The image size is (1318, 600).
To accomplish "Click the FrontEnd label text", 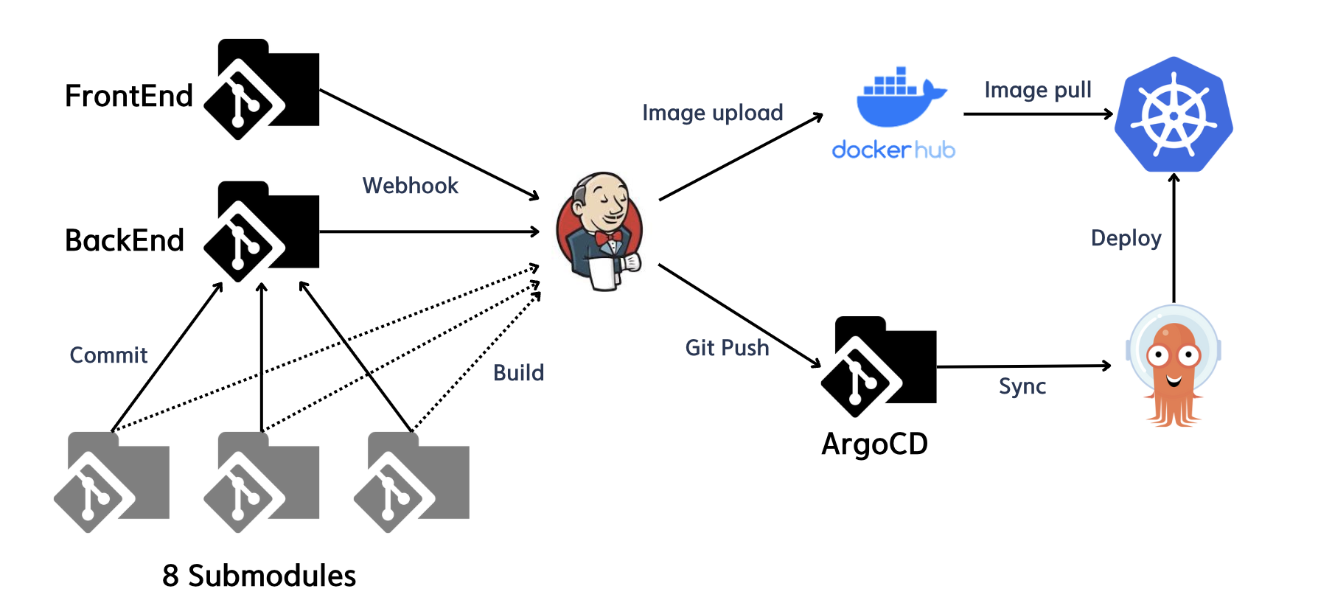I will tap(129, 96).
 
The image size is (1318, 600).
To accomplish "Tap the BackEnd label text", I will tap(125, 240).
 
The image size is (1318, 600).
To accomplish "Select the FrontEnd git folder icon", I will tap(262, 89).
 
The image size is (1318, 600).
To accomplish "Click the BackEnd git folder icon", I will tap(262, 231).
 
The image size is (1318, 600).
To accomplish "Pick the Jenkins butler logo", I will tap(600, 231).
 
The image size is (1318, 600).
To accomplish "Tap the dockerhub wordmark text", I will tap(893, 150).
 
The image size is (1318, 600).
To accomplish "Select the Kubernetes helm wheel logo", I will tap(1174, 115).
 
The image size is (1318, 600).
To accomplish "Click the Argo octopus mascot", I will tap(1174, 366).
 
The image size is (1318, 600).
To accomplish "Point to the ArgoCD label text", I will tap(874, 444).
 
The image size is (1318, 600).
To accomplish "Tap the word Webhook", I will tap(410, 186).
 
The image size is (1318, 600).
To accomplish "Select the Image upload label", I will tap(712, 113).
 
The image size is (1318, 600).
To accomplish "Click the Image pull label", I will tap(1037, 90).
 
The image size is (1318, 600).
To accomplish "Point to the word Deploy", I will tap(1126, 238).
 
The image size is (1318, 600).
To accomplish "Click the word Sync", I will tap(1022, 386).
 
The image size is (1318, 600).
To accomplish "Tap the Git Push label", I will tap(727, 348).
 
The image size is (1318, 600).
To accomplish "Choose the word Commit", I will tap(108, 355).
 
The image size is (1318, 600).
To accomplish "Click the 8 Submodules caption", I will tap(259, 576).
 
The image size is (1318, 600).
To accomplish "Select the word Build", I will tap(518, 373).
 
